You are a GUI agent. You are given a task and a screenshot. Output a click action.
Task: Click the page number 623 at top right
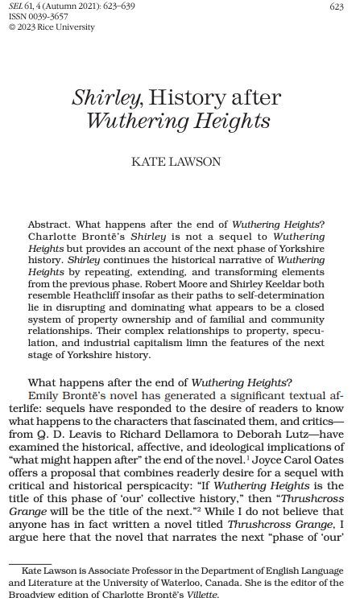pyautogui.click(x=337, y=7)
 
